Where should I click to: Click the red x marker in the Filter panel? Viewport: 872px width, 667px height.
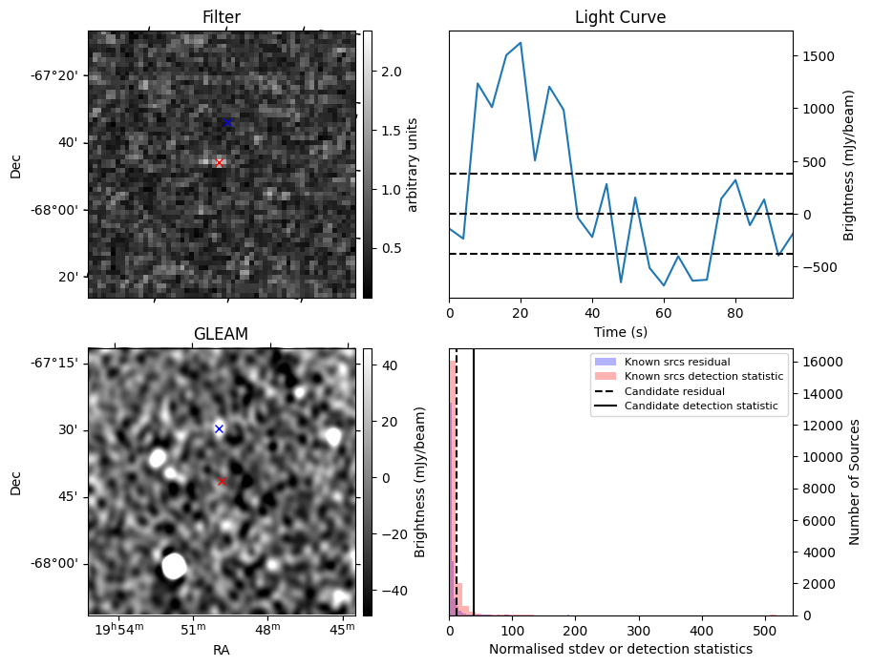point(219,163)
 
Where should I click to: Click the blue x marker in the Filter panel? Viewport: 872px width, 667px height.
point(227,122)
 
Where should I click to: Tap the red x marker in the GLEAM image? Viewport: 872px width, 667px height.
point(222,482)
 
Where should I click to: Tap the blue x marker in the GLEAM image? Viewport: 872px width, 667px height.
point(219,429)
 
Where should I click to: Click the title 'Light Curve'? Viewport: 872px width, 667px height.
point(620,17)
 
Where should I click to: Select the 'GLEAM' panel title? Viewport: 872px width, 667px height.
point(221,334)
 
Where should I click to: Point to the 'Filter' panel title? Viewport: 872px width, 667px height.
point(221,17)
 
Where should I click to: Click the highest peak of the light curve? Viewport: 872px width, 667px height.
point(521,43)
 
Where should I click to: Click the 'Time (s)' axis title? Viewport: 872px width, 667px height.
point(620,330)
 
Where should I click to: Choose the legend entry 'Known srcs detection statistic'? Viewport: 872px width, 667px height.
point(703,377)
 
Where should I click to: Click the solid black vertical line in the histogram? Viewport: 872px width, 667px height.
point(474,477)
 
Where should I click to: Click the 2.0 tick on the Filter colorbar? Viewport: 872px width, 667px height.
point(391,72)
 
